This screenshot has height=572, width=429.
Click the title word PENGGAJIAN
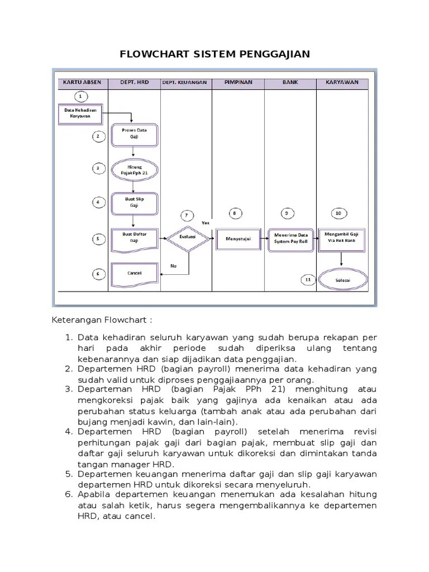click(271, 54)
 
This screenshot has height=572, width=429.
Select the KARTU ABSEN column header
click(82, 83)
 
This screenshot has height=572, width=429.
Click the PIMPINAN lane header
click(238, 83)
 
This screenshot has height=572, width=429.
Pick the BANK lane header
click(290, 83)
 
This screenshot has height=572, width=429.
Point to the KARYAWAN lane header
click(343, 83)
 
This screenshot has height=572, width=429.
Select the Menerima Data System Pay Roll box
click(289, 237)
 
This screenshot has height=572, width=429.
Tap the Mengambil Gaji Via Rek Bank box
click(342, 236)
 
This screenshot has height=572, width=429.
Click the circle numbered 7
click(187, 215)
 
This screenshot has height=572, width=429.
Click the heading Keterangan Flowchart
click(101, 322)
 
